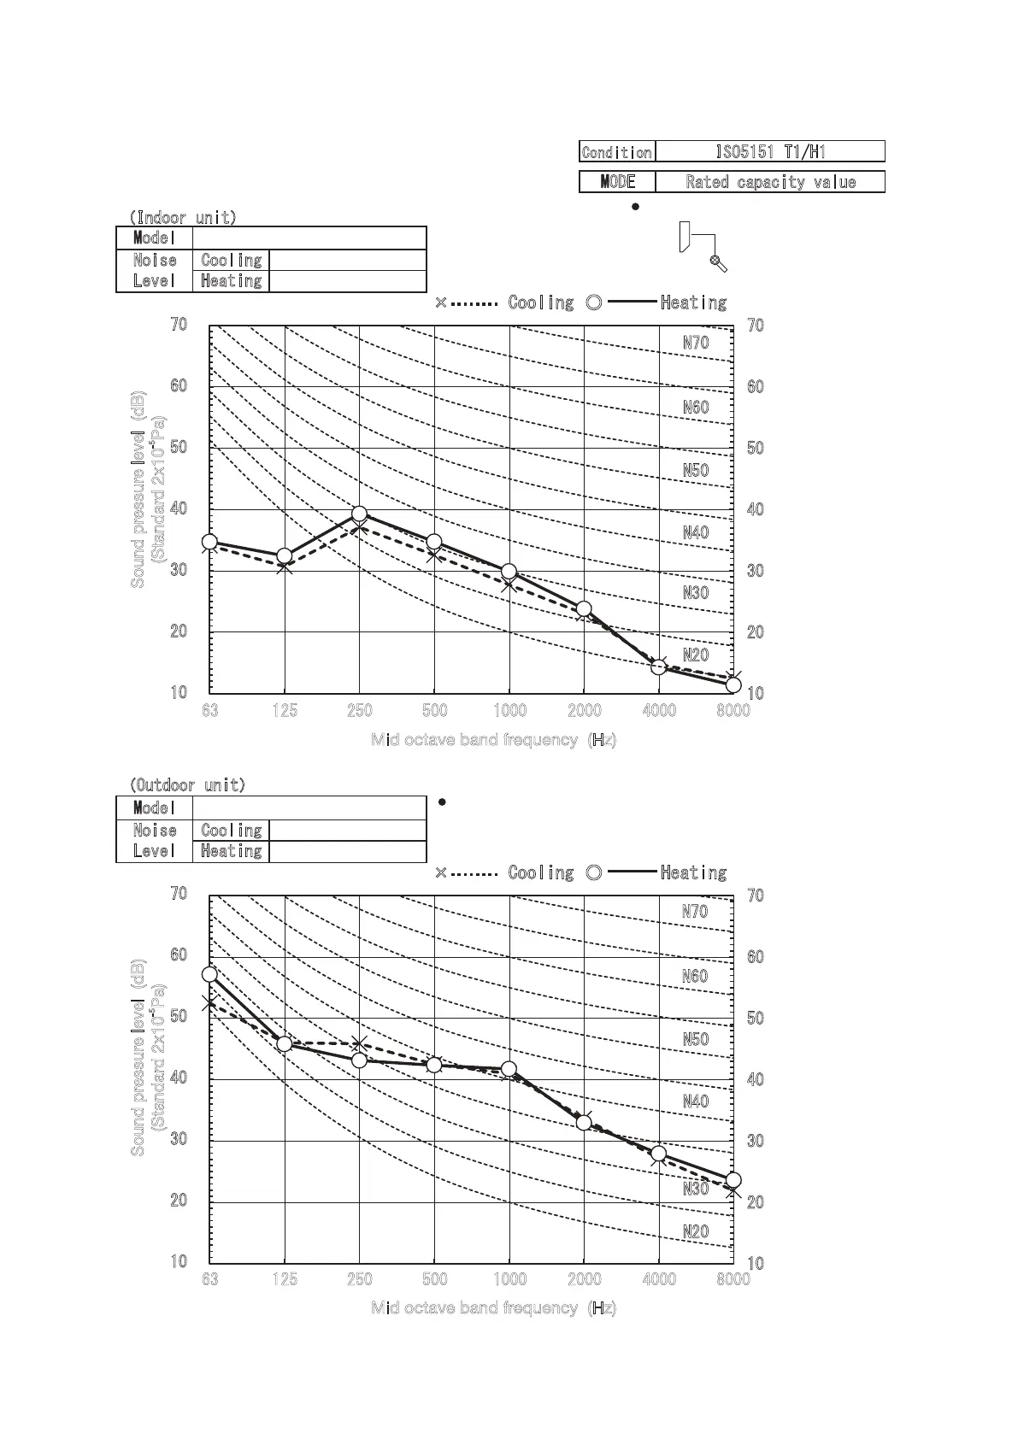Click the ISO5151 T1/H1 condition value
769,152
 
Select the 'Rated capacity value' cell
769,182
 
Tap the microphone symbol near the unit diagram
719,264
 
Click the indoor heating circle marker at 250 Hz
360,514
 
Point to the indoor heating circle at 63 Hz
209,542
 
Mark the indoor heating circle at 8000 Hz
733,684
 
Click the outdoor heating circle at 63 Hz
209,974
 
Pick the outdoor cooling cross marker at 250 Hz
360,1043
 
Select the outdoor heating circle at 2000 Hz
584,1123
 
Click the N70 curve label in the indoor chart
696,343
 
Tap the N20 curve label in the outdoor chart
696,1231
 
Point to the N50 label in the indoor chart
696,470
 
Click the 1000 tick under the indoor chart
509,710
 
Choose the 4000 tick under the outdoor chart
659,1278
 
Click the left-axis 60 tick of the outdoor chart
179,954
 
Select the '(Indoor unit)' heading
182,217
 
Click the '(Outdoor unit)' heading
186,784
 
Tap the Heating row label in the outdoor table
231,851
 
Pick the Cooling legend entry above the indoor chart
540,302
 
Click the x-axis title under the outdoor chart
493,1307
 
